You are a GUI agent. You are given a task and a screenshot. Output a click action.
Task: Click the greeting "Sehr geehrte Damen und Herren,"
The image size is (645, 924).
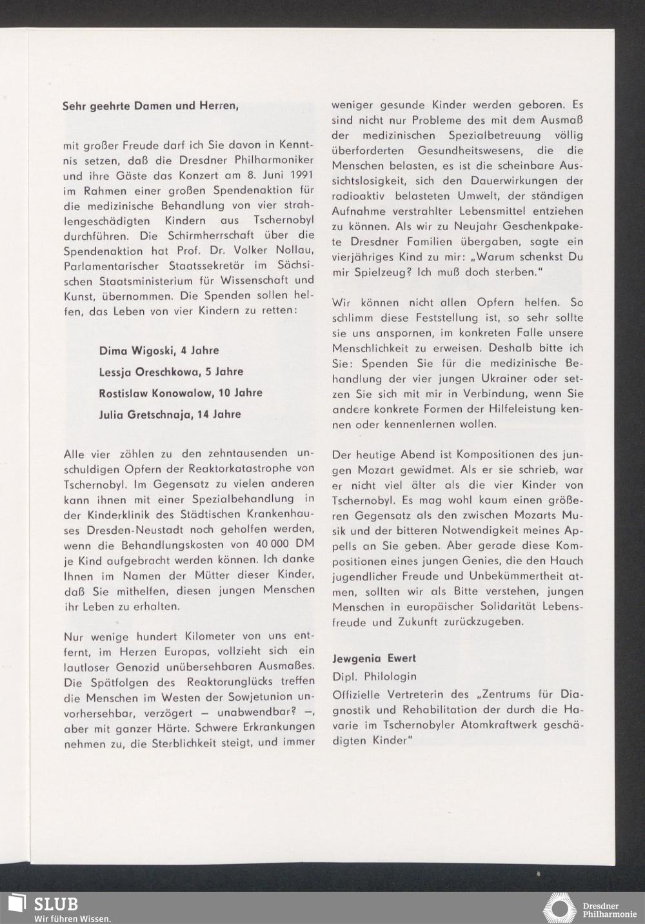151,105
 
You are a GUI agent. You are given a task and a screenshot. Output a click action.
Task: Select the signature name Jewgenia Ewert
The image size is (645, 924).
374,658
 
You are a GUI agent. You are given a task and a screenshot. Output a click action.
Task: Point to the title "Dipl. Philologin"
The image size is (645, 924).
374,676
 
